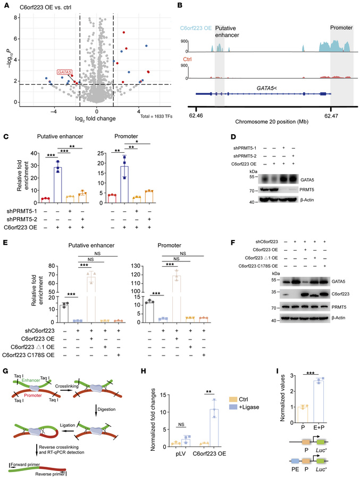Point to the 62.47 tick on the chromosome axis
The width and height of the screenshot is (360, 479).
[x=330, y=113]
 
